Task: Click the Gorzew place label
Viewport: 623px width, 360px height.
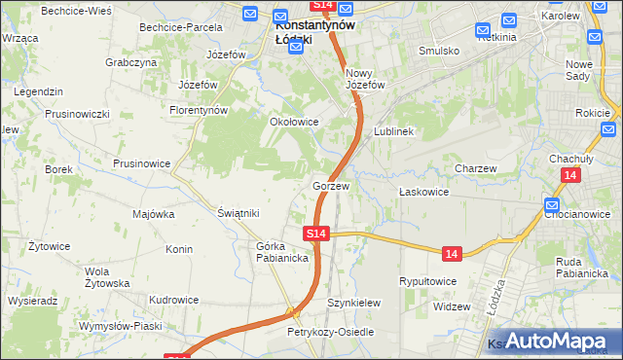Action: (x=331, y=185)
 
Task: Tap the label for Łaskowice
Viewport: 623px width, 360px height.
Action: (x=423, y=192)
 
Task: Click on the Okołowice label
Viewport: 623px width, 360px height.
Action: (x=294, y=122)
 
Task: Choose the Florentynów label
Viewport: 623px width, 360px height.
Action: (x=201, y=110)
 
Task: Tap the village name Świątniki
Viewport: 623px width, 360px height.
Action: (x=238, y=213)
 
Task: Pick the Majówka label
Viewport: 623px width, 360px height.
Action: (x=153, y=214)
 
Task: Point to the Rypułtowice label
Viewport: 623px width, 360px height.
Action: (x=428, y=281)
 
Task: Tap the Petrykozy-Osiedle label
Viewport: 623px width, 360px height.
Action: (x=330, y=332)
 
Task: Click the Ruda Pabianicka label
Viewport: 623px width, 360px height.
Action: (x=582, y=267)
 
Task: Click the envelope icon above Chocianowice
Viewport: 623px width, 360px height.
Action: (x=552, y=205)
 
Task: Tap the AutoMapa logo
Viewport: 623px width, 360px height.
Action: (x=555, y=340)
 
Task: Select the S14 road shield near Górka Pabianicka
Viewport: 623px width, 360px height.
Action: (x=316, y=234)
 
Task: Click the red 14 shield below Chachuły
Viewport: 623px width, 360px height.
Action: (x=570, y=174)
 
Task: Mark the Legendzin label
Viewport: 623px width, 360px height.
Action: (x=39, y=90)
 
